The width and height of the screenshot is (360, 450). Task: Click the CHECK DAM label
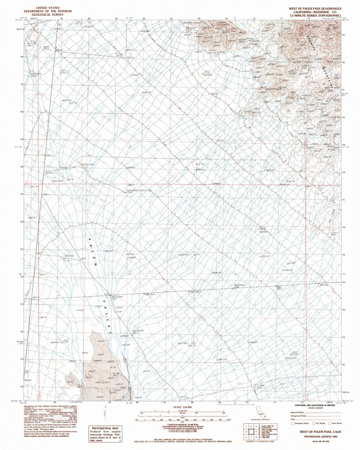tap(87, 164)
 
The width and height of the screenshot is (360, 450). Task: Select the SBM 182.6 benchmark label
tap(151, 294)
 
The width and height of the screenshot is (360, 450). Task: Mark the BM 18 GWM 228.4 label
tap(240, 286)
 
